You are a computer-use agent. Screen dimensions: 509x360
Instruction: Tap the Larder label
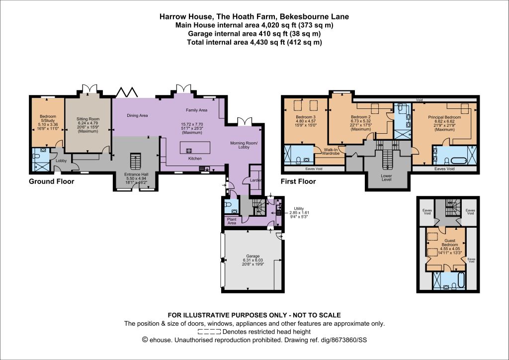(x=256, y=180)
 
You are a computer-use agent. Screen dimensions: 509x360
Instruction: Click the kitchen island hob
(x=188, y=151)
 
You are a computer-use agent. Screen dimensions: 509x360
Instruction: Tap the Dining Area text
(x=137, y=115)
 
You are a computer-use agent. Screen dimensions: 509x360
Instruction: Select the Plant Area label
(x=232, y=221)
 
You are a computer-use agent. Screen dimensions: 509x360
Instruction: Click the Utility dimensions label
(x=299, y=213)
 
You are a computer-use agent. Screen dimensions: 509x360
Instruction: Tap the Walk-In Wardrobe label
(x=331, y=151)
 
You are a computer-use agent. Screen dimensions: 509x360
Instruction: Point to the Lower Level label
(x=386, y=178)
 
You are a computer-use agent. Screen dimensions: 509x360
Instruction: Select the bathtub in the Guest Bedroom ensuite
(x=460, y=280)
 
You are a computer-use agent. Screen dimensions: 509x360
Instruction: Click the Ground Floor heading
(x=52, y=181)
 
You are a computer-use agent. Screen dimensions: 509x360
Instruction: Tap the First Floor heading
(x=298, y=181)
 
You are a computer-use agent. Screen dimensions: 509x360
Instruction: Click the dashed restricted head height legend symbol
(x=209, y=332)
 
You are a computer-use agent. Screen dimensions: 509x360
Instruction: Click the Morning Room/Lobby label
(x=244, y=145)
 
